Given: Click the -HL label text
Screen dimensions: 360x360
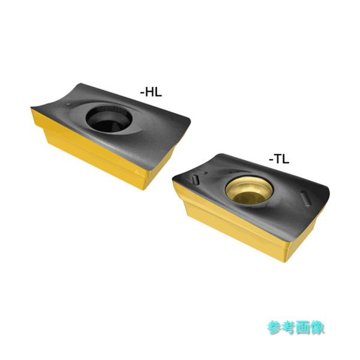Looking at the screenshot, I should click(x=151, y=92).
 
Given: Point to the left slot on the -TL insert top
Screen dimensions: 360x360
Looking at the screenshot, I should click(x=195, y=178).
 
